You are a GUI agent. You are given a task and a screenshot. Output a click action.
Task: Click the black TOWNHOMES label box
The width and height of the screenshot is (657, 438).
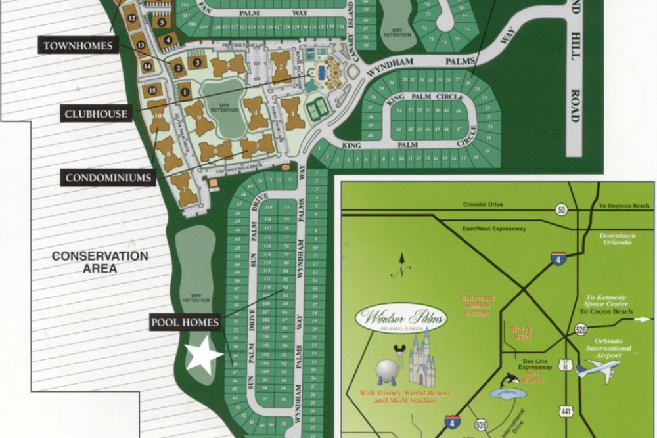[78, 46]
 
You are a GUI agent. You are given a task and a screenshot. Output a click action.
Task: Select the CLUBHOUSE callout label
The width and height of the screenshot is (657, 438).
[96, 114]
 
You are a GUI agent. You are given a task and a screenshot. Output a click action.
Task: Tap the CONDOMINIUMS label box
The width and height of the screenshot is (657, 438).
[109, 177]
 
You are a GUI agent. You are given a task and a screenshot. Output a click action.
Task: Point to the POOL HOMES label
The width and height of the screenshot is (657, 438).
[185, 322]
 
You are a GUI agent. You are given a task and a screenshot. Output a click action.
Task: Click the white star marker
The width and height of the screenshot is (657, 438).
[203, 355]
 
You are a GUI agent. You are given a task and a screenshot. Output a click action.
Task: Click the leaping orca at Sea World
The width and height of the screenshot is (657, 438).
[509, 381]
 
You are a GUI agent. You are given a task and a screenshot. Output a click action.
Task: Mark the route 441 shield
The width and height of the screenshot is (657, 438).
[566, 412]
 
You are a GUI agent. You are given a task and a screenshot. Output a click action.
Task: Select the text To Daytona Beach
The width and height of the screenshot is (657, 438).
[623, 206]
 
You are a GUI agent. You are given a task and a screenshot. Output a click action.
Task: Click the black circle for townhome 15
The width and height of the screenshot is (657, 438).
[152, 91]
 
